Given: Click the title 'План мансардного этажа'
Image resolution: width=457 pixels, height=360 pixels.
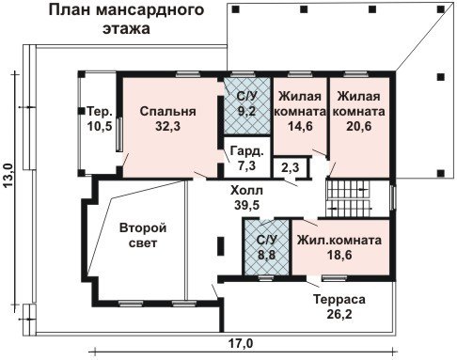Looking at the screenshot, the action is [126, 19].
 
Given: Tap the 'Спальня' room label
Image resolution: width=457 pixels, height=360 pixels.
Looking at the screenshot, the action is [168, 111].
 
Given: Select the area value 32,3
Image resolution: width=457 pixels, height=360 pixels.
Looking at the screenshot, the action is [168, 126].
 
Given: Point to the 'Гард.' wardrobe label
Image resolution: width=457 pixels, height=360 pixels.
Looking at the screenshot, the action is [247, 151].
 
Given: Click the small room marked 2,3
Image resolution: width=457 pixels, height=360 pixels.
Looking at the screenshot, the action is [291, 168].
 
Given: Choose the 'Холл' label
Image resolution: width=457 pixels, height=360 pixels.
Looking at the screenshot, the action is [246, 190].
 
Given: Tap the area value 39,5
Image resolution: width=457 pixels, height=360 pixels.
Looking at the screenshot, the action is [246, 205].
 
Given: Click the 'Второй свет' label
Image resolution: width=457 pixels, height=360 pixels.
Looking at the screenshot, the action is [143, 235].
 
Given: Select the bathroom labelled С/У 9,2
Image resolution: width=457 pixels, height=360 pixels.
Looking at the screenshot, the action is [246, 106].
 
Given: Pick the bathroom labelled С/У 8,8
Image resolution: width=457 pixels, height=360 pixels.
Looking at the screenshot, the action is [267, 247].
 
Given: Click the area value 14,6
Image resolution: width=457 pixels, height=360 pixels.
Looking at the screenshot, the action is [300, 126].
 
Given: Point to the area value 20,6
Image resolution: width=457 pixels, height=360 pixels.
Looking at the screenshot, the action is [359, 126].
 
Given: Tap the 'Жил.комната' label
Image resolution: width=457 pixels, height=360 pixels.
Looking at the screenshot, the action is [339, 241].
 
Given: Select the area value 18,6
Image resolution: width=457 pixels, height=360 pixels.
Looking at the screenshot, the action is [339, 255].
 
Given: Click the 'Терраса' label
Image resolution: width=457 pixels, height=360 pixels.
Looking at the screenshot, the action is [339, 300].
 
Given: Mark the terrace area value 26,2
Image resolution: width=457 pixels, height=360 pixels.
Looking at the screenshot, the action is [339, 314].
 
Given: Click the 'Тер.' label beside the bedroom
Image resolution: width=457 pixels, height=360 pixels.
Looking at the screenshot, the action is [100, 111].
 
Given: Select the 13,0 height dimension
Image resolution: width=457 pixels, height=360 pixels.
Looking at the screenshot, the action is [8, 176].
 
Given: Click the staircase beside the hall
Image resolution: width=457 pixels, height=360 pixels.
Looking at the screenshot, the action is [349, 197].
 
